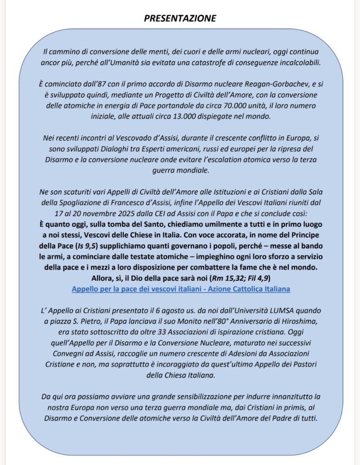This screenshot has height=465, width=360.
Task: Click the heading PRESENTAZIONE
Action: tap(180, 19)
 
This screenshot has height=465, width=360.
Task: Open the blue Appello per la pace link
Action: tap(180, 288)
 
